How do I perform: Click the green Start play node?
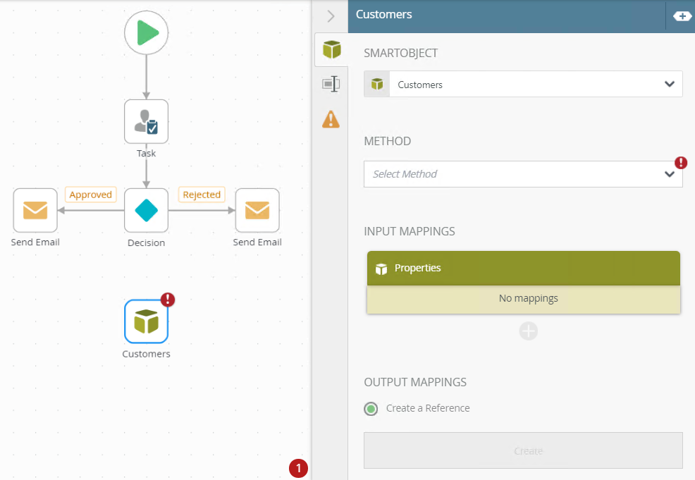(x=147, y=32)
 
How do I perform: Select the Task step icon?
(x=147, y=121)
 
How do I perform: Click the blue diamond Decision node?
(x=147, y=210)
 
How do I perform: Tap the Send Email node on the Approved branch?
(x=35, y=210)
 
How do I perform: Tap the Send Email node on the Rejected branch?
(x=257, y=210)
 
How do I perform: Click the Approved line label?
(x=91, y=195)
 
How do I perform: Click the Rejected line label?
(x=202, y=195)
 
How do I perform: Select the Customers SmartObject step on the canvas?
(x=147, y=321)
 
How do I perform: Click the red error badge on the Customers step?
(x=168, y=300)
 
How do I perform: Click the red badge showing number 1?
(x=298, y=468)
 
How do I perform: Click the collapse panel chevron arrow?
(x=331, y=16)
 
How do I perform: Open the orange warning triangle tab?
(x=331, y=119)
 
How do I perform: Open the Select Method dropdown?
(x=522, y=174)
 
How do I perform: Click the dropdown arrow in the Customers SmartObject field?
(x=670, y=85)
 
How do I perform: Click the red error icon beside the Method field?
(x=681, y=163)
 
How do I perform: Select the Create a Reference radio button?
(x=371, y=408)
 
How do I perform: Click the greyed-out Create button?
(x=523, y=450)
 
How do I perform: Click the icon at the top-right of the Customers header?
(x=682, y=16)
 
